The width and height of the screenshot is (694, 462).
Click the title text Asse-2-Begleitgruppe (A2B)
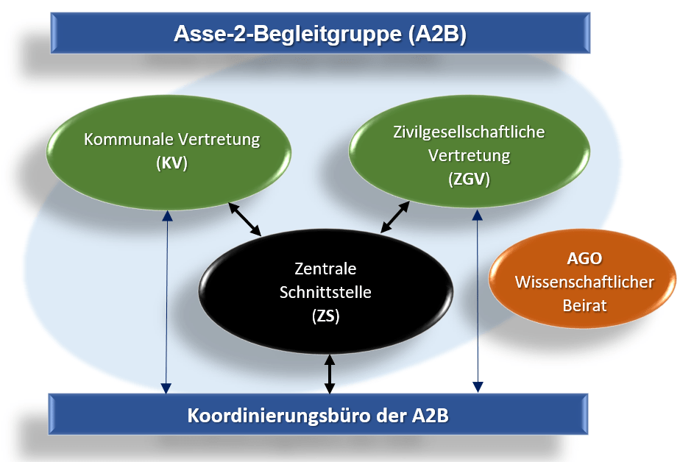(320, 34)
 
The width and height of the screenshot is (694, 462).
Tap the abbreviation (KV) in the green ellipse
(171, 163)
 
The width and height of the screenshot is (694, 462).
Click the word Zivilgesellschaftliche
(469, 132)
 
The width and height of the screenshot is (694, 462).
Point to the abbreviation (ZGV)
(469, 179)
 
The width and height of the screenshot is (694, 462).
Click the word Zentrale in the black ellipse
(325, 269)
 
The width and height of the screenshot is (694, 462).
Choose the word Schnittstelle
(325, 292)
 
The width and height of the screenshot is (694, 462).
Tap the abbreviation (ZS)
(325, 316)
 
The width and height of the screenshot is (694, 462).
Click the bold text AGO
(584, 258)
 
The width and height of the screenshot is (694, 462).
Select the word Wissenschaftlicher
(584, 282)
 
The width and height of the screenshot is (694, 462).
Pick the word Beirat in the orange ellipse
(584, 305)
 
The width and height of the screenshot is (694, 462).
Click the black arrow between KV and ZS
(245, 219)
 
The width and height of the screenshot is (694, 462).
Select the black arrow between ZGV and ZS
(395, 217)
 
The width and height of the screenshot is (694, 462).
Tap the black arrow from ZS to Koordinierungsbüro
(329, 374)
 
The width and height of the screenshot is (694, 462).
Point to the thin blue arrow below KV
(166, 302)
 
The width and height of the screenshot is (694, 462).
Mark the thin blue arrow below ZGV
(478, 301)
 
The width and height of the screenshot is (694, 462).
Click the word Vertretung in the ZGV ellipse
(469, 155)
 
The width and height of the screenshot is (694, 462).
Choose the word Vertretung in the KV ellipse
(219, 139)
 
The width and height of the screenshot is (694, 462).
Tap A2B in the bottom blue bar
(431, 416)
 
